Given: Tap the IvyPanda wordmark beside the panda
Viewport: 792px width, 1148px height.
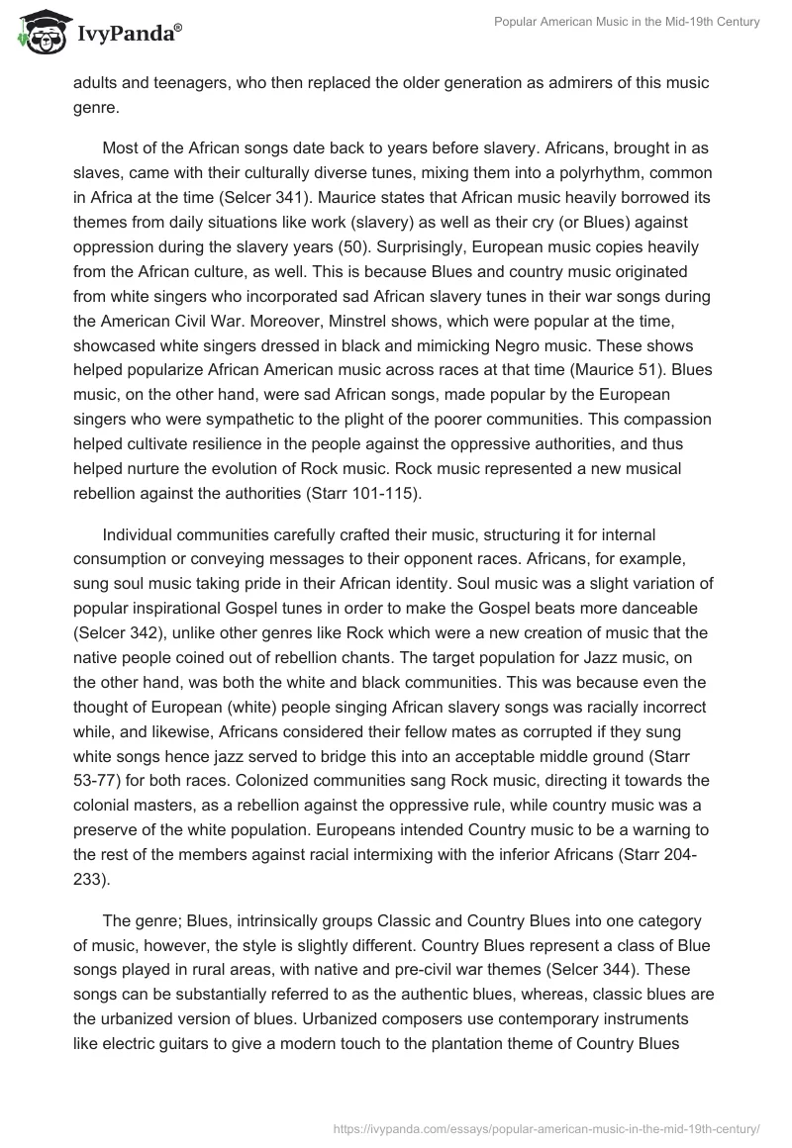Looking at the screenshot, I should [x=129, y=35].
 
